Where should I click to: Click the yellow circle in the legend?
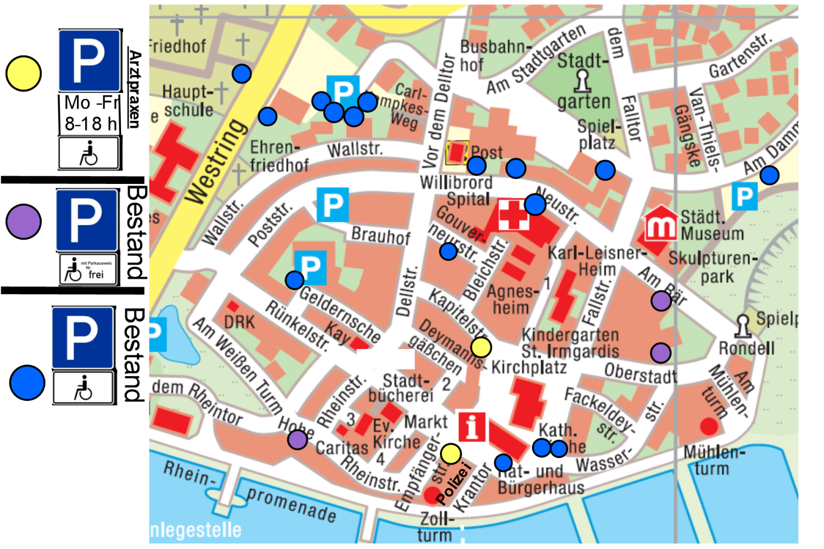click(x=24, y=74)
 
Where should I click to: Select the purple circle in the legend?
click(x=24, y=222)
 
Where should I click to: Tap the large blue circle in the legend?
click(x=27, y=383)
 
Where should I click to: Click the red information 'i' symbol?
click(x=471, y=427)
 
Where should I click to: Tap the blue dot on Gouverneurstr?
click(x=448, y=251)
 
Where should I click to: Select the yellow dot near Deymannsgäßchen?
click(x=481, y=347)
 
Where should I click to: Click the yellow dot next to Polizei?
click(x=451, y=454)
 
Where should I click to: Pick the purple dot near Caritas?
click(x=298, y=439)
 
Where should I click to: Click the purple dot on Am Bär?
click(x=661, y=300)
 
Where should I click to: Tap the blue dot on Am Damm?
click(x=769, y=175)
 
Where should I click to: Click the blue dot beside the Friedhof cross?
click(x=242, y=73)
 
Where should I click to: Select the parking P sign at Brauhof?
click(x=332, y=205)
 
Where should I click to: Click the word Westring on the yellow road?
click(x=216, y=161)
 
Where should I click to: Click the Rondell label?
click(x=747, y=348)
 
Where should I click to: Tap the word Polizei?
click(x=454, y=484)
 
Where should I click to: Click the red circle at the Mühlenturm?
click(x=709, y=426)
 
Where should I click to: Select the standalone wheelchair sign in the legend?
click(x=88, y=153)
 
